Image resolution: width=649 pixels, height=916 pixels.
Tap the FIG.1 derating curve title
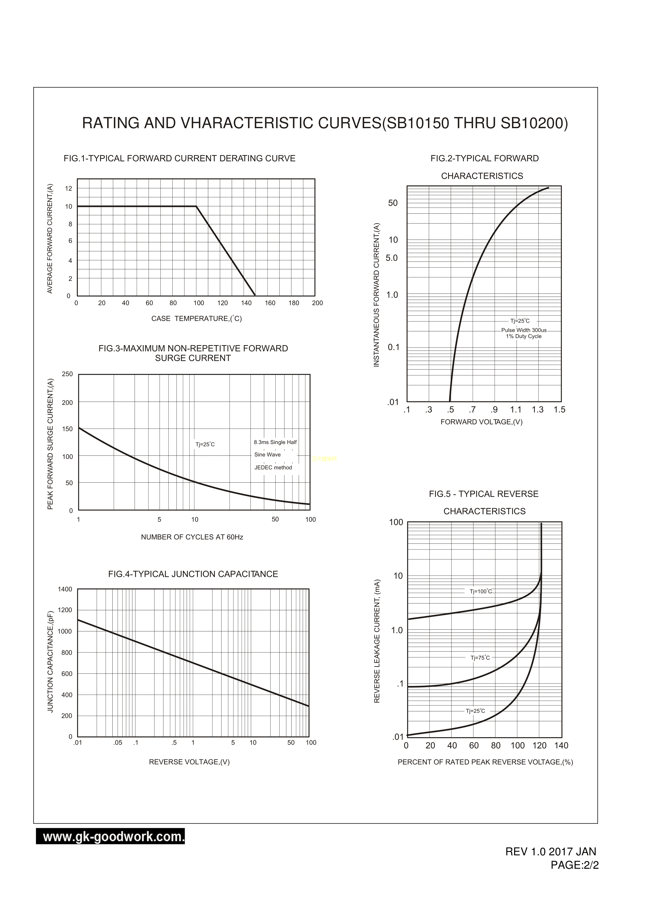[x=179, y=158]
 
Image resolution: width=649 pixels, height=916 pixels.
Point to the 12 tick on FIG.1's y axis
[x=69, y=188]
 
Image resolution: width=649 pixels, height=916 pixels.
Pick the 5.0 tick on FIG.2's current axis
[x=392, y=258]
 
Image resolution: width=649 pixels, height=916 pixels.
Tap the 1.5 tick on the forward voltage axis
[x=559, y=410]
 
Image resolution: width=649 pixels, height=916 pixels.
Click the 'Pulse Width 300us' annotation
[x=524, y=330]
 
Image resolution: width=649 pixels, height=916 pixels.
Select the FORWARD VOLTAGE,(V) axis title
[x=481, y=422]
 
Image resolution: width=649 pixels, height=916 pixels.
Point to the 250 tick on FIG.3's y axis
[x=67, y=374]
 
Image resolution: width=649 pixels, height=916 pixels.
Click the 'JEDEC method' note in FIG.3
[x=273, y=468]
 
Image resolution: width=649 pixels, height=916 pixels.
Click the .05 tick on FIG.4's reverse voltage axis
[x=118, y=743]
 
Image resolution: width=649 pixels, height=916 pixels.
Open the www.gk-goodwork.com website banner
[x=110, y=836]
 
